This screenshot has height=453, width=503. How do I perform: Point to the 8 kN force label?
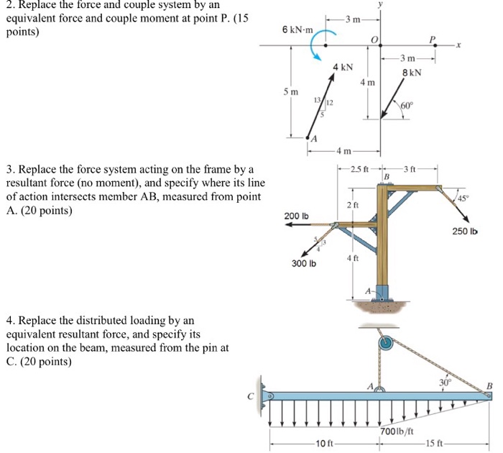point(412,73)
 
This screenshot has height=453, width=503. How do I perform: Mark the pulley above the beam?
point(386,343)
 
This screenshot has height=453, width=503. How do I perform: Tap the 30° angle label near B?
point(443,382)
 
